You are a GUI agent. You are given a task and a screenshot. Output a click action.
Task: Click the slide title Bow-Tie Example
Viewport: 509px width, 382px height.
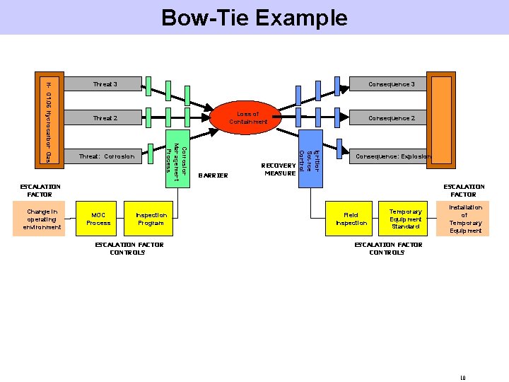[255, 17]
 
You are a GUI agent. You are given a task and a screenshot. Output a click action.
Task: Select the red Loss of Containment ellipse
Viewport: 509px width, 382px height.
[247, 118]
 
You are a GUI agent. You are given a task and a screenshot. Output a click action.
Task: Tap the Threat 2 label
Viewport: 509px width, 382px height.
[105, 118]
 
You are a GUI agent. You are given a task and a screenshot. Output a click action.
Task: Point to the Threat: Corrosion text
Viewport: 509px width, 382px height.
[106, 156]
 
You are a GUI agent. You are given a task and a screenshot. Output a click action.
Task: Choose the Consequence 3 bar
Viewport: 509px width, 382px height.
[391, 85]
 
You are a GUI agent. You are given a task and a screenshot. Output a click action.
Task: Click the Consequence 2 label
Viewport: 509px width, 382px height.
[391, 118]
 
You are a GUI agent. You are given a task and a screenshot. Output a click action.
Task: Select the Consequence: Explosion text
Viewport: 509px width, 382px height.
[392, 156]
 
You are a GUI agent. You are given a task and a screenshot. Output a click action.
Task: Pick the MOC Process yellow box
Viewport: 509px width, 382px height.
[98, 219]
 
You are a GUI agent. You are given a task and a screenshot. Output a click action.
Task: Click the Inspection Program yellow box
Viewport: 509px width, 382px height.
[151, 219]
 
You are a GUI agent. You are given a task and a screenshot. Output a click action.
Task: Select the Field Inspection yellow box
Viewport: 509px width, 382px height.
[351, 219]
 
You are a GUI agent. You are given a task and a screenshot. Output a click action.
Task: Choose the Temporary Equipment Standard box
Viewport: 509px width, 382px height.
[406, 219]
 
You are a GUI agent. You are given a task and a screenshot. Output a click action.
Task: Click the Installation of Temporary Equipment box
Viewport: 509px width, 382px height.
[465, 219]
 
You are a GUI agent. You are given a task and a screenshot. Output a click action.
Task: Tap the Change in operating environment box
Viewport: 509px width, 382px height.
[42, 219]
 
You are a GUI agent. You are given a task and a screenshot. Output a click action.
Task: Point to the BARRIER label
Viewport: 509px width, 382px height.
[213, 175]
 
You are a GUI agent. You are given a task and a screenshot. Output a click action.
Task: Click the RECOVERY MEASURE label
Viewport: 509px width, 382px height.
[279, 169]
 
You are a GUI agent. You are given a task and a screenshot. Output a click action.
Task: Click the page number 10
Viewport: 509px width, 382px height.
[462, 377]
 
